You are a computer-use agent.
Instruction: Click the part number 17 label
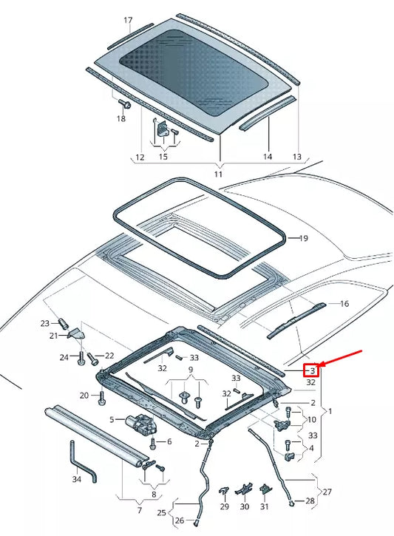tap(127, 20)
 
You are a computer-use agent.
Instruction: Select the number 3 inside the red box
tap(313, 370)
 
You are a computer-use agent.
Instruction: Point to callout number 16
tap(343, 304)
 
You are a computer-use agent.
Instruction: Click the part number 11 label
tap(218, 174)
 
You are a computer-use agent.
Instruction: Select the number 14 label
tap(268, 157)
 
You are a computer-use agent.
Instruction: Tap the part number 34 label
tap(76, 480)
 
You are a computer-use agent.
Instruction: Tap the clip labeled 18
tap(125, 106)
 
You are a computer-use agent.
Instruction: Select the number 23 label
tap(44, 323)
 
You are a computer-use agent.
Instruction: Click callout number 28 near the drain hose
tap(310, 501)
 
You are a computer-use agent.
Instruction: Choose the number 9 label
tap(191, 369)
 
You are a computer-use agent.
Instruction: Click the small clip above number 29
tap(224, 491)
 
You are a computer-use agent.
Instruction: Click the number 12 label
tap(139, 157)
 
